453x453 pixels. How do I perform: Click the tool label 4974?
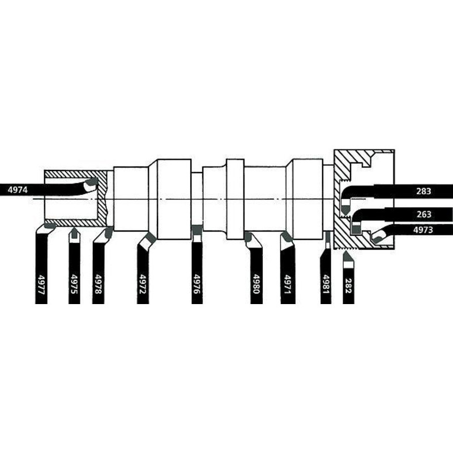[18, 190]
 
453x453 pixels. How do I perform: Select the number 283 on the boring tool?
[424, 191]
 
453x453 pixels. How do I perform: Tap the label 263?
[424, 215]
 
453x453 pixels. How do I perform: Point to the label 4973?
[423, 230]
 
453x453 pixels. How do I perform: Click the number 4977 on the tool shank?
[41, 285]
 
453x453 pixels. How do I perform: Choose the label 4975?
[74, 284]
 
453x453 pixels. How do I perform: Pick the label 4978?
[98, 284]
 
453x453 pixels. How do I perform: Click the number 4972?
[143, 284]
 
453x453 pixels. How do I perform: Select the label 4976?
[196, 284]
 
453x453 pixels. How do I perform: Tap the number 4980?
[257, 284]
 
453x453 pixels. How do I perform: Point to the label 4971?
[288, 285]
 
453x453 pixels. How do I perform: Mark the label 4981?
[326, 285]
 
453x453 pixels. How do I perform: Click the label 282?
[348, 286]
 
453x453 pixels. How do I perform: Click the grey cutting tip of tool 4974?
[92, 182]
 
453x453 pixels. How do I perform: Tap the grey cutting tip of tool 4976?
[197, 230]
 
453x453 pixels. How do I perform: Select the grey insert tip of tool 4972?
[151, 237]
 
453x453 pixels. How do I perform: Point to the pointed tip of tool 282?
[346, 252]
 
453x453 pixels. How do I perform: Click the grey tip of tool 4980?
[248, 237]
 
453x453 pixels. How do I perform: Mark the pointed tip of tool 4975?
[75, 228]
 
